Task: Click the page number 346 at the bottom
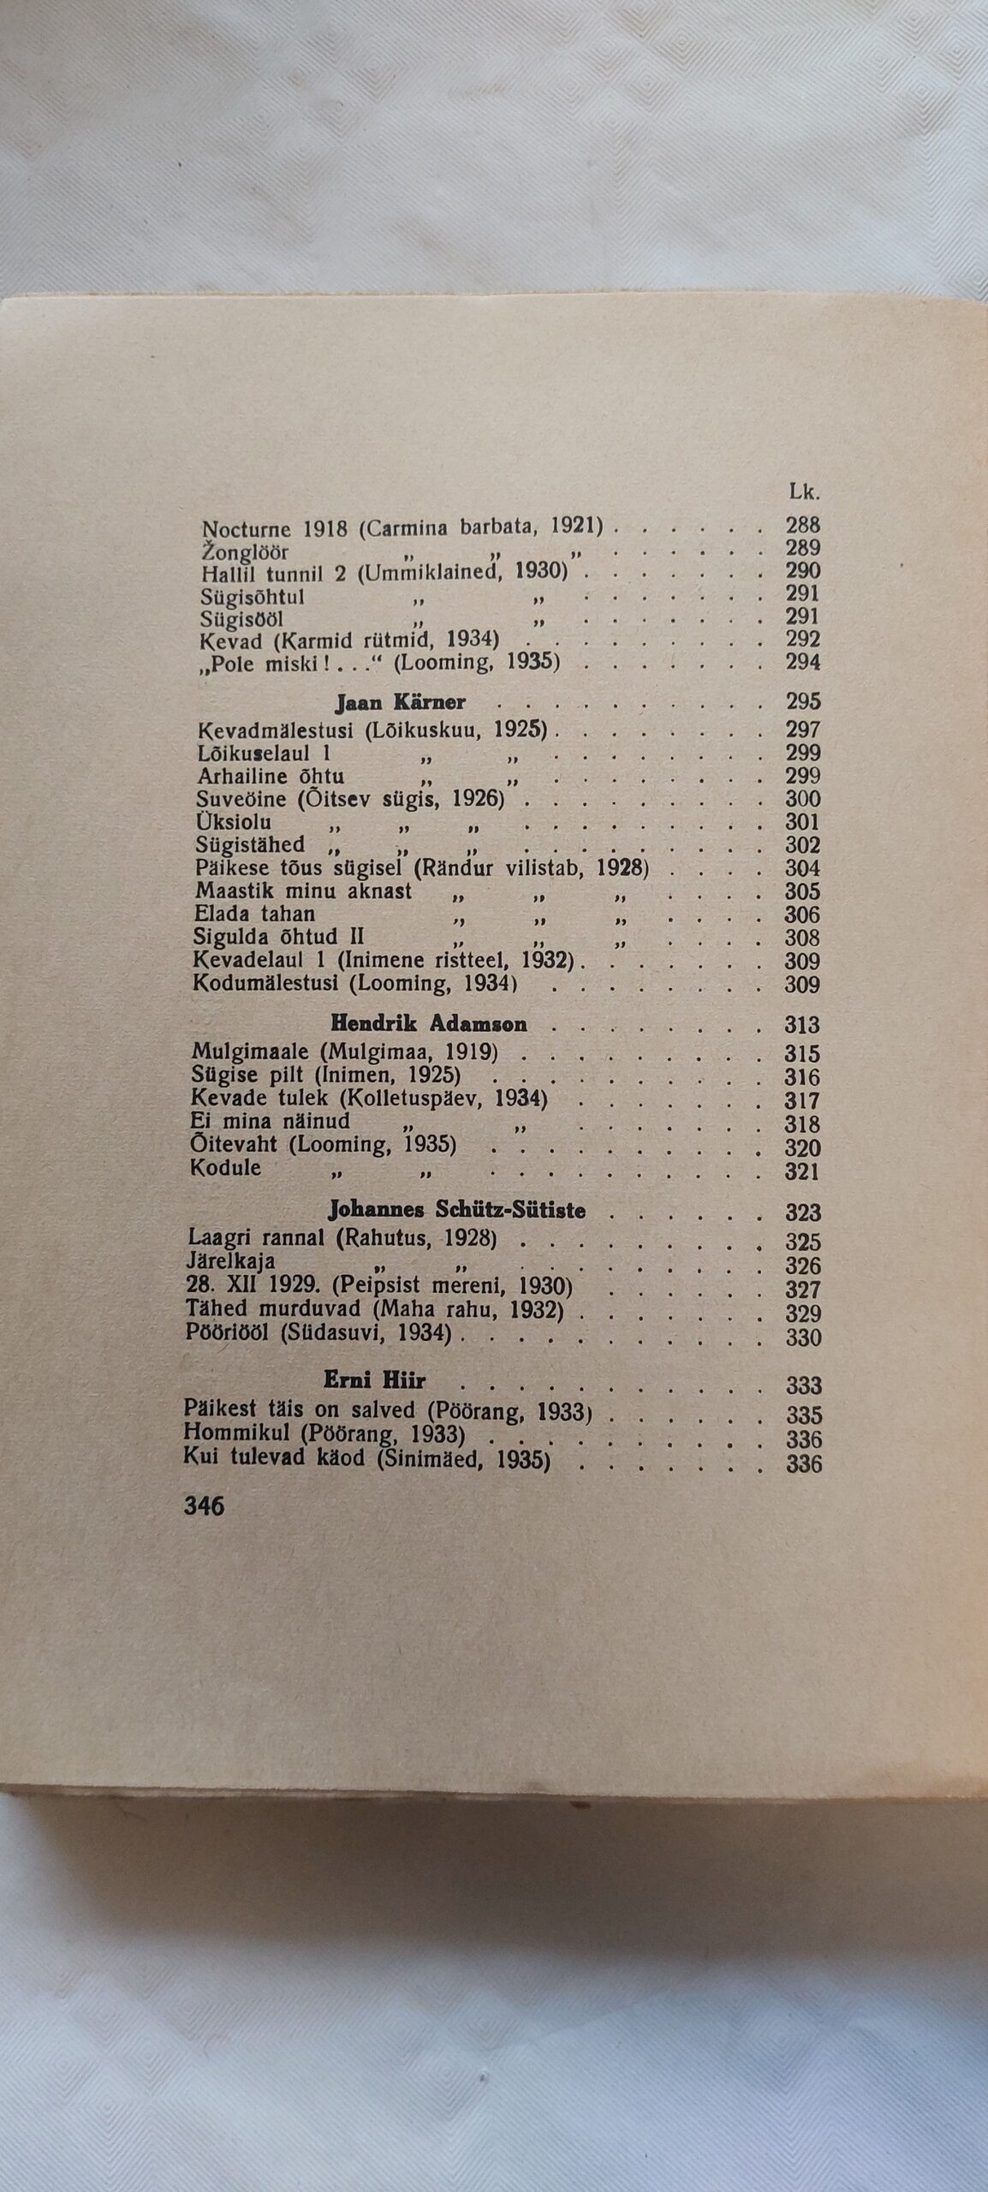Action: coord(204,1506)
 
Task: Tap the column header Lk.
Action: coord(804,492)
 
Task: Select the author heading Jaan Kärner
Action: coord(400,703)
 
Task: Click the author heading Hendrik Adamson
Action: coord(428,1024)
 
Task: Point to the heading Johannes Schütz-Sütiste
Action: coord(457,1210)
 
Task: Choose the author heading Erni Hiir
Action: coord(375,1380)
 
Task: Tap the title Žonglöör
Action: coord(244,552)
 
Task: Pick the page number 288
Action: coord(802,525)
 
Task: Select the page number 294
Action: coord(802,662)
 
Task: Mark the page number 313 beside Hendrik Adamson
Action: coord(802,1025)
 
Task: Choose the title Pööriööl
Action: coord(230,1334)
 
